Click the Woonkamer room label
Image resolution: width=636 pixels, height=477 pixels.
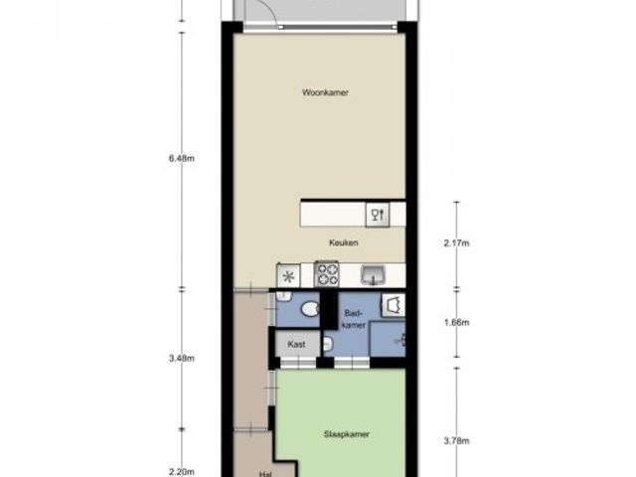tap(325, 92)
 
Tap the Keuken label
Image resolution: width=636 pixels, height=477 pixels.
tap(343, 242)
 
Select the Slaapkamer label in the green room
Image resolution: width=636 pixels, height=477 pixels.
tap(347, 434)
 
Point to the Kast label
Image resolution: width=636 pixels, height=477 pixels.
tap(296, 345)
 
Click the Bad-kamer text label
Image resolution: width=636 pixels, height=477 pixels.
tap(354, 319)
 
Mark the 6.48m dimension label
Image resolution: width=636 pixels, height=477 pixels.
tap(181, 159)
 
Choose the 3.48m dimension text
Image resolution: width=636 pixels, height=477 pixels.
tap(181, 359)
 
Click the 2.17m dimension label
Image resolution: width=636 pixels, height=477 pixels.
tap(456, 243)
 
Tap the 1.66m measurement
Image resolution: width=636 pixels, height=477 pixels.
tap(456, 323)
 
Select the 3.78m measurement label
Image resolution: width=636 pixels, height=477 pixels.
tap(456, 441)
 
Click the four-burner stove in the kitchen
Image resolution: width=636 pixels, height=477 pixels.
tap(327, 274)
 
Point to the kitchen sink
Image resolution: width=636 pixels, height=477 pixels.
tap(374, 275)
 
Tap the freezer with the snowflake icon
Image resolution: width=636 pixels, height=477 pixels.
tap(288, 276)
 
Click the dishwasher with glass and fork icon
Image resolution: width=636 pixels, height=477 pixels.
tap(378, 215)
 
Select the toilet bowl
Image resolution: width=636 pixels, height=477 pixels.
tap(311, 309)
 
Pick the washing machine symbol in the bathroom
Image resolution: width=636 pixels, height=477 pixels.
tap(394, 305)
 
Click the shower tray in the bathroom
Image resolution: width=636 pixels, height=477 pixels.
tap(388, 339)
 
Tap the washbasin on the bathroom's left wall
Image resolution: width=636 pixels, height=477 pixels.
tap(328, 345)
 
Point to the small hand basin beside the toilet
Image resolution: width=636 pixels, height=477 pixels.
tap(284, 296)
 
